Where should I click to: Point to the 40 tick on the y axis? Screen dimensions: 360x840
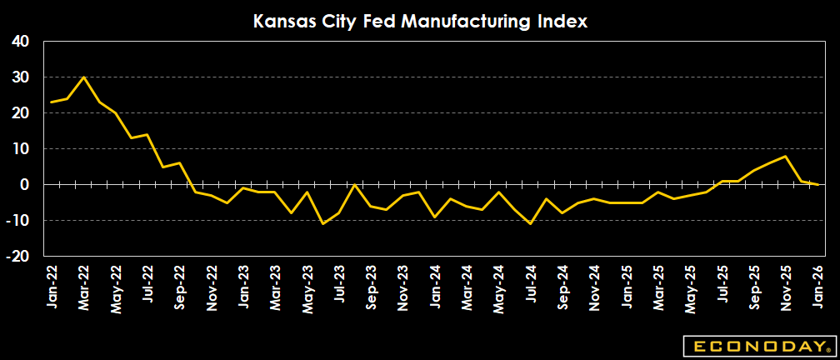(x=21, y=42)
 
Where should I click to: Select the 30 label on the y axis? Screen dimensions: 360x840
(x=21, y=77)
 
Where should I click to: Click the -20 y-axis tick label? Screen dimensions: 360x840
(x=18, y=257)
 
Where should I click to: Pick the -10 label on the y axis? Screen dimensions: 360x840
(x=18, y=221)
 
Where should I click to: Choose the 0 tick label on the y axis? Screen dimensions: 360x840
(x=25, y=185)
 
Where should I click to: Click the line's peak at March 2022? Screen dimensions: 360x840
(x=83, y=77)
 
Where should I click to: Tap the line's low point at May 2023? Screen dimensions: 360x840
(x=322, y=223)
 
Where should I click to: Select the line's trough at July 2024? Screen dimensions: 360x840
(x=530, y=223)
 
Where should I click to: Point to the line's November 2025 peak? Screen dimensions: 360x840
(x=785, y=156)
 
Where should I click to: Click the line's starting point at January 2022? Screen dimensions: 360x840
(x=52, y=102)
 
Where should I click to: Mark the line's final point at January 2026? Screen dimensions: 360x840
(x=817, y=184)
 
